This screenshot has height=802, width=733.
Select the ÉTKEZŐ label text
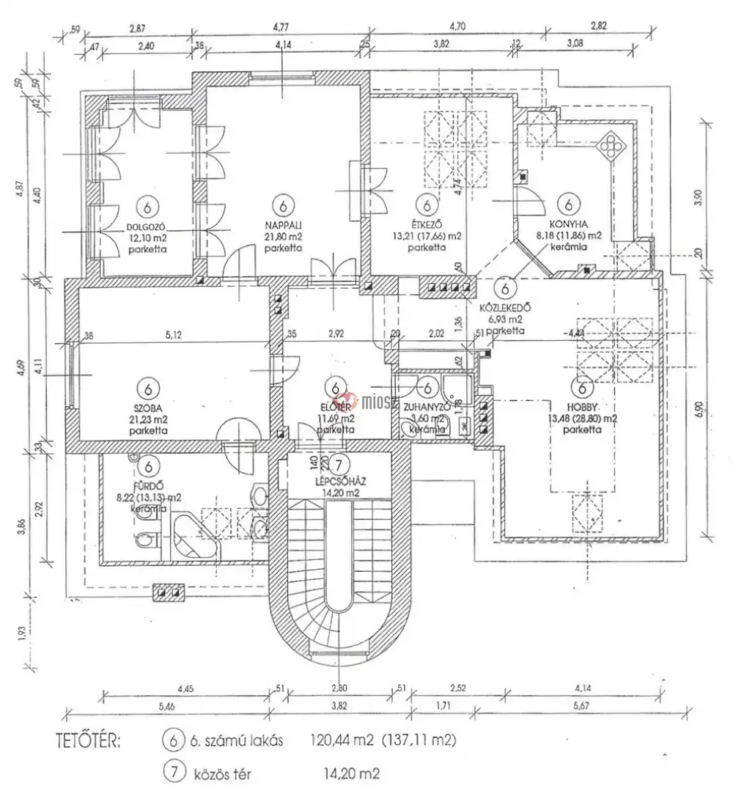(424, 227)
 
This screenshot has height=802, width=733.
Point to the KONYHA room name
(568, 227)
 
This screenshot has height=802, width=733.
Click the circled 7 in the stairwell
(339, 464)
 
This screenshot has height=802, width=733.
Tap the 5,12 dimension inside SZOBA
(173, 335)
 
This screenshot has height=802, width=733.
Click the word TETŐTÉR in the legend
(87, 740)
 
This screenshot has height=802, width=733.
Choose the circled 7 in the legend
(174, 772)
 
